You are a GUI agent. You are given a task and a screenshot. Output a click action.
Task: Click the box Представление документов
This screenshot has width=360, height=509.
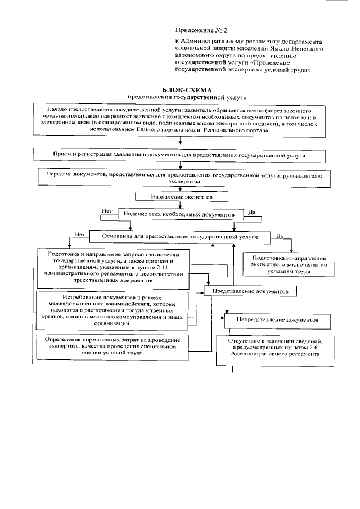click(250, 292)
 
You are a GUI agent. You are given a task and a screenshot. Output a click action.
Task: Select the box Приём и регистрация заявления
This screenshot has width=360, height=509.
click(181, 153)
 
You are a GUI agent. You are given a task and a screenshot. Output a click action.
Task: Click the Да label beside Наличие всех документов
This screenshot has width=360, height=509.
click(253, 213)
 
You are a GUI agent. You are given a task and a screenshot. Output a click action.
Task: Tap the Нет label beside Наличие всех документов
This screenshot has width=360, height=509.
click(107, 210)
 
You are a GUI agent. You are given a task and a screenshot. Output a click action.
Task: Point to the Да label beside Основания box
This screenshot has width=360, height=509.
click(280, 236)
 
